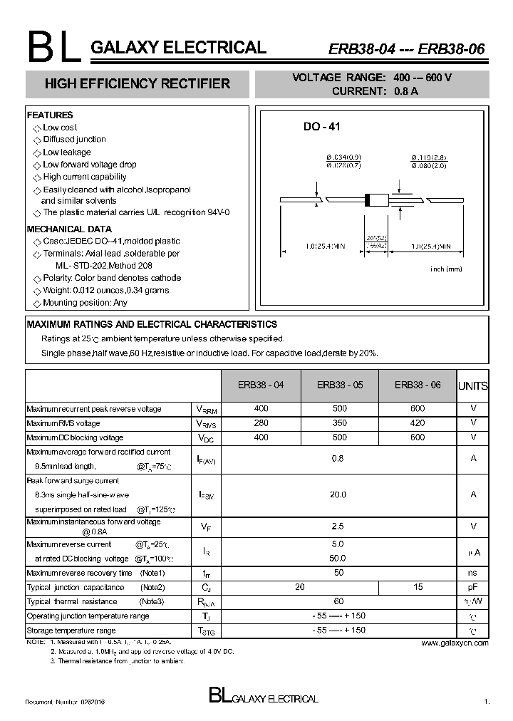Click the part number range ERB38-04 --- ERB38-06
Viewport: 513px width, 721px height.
pyautogui.click(x=406, y=49)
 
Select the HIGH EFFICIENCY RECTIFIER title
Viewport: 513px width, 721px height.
pyautogui.click(x=138, y=84)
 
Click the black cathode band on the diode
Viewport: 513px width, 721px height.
pyautogui.click(x=368, y=200)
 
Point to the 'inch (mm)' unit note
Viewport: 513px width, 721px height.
pyautogui.click(x=447, y=269)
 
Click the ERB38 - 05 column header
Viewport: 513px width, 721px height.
pyautogui.click(x=340, y=385)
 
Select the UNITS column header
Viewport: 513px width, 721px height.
pyautogui.click(x=473, y=386)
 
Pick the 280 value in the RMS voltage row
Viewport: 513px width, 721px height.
pyautogui.click(x=261, y=423)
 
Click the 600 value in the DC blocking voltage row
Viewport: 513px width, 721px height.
pyautogui.click(x=418, y=437)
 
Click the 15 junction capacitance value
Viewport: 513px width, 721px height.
pyautogui.click(x=418, y=587)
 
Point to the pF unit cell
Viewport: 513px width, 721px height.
pyautogui.click(x=473, y=587)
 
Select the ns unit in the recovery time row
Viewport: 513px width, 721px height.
pyautogui.click(x=473, y=573)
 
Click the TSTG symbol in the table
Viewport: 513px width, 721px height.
pyautogui.click(x=205, y=631)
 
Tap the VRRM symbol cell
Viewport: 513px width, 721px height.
pyautogui.click(x=205, y=410)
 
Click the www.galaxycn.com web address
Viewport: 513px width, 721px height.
pyautogui.click(x=455, y=643)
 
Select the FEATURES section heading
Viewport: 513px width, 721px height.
pyautogui.click(x=50, y=115)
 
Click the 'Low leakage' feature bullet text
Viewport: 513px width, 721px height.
pyautogui.click(x=67, y=152)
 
